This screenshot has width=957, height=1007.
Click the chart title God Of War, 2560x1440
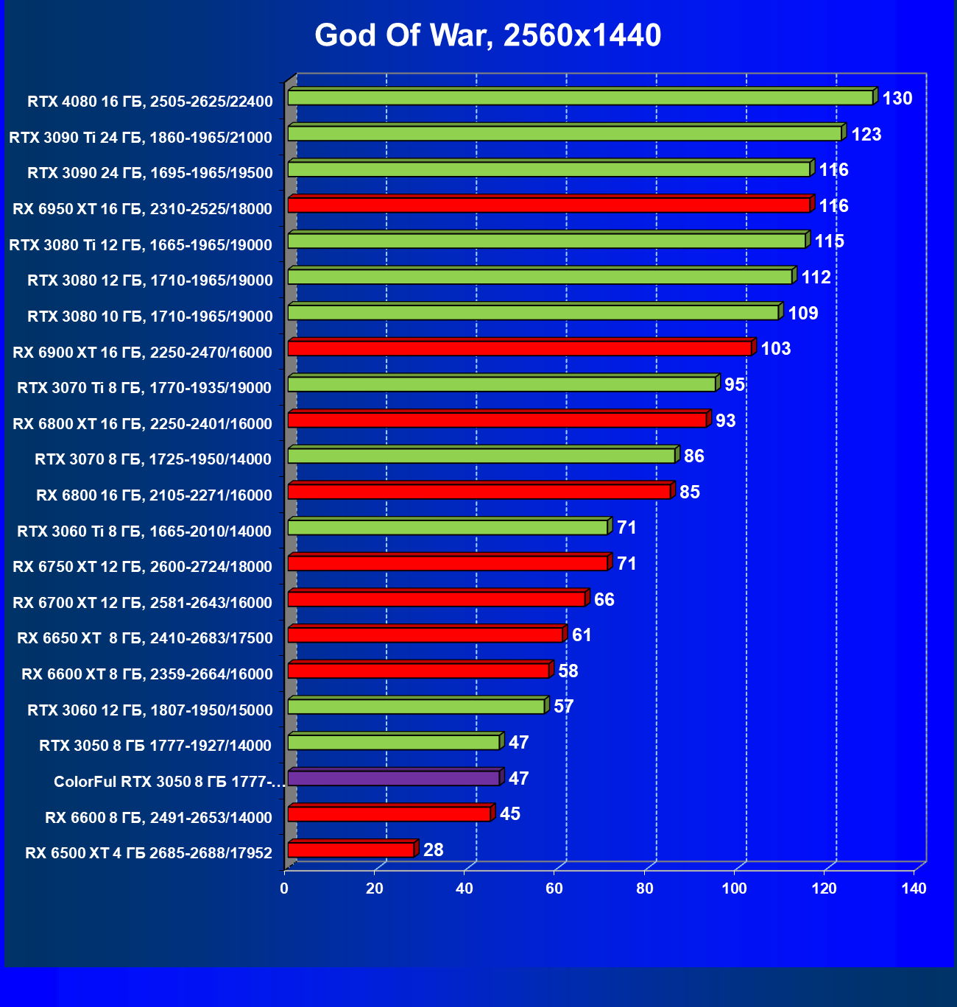[x=487, y=35]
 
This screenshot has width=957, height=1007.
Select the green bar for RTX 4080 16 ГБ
[x=580, y=98]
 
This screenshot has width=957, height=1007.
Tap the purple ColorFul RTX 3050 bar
[x=393, y=778]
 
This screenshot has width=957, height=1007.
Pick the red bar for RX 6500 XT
[x=350, y=850]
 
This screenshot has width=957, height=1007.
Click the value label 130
[x=897, y=99]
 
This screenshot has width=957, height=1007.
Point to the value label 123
[x=866, y=135]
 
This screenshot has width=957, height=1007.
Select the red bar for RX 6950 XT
[x=548, y=205]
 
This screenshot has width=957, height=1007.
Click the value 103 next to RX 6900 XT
[x=775, y=349]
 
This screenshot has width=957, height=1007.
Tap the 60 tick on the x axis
[x=554, y=888]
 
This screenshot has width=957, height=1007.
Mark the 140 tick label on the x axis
[x=914, y=888]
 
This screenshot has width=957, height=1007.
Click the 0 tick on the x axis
[x=284, y=888]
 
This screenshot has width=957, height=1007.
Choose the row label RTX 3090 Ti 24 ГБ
[x=141, y=138]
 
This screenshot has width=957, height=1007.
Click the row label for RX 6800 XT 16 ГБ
[x=143, y=424]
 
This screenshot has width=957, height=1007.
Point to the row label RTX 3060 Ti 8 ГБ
[x=144, y=531]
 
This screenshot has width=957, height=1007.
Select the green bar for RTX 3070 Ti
[x=501, y=384]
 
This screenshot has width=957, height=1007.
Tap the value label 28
[x=434, y=850]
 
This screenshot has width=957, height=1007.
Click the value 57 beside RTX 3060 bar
[x=563, y=707]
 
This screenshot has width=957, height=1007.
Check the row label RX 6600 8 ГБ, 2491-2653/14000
[x=158, y=818]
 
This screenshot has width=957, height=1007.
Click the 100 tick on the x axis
[x=734, y=888]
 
